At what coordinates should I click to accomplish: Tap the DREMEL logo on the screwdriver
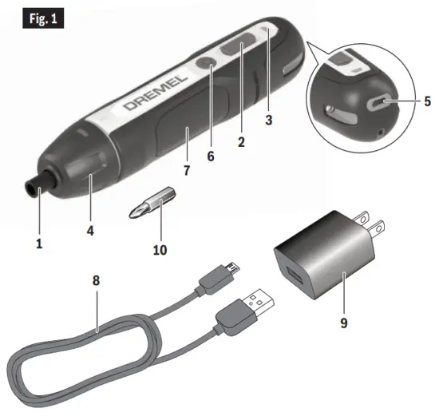click(156, 94)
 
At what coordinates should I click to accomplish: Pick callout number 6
click(211, 156)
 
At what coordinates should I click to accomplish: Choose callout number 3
click(269, 121)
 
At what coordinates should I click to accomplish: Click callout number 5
click(427, 101)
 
